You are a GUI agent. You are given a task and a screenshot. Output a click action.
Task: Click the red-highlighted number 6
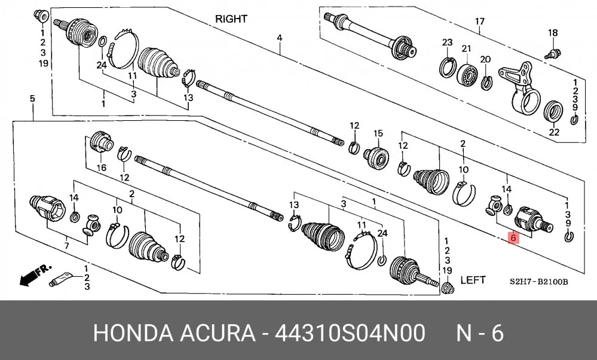coord(513,238)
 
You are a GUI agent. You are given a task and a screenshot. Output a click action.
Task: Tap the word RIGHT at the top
coord(231,19)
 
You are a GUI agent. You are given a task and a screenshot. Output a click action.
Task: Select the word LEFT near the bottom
coord(473,280)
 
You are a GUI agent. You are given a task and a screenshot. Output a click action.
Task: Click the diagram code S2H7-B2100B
coord(539,282)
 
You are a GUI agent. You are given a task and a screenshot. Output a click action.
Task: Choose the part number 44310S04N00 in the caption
coord(350,333)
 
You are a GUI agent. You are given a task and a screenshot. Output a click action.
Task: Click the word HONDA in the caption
coord(133,333)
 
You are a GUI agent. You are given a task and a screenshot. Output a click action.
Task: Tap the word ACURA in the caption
coord(218,333)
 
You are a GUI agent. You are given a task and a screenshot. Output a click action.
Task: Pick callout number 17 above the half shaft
coord(480,22)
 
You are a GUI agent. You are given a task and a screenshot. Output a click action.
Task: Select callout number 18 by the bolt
coord(553,33)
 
